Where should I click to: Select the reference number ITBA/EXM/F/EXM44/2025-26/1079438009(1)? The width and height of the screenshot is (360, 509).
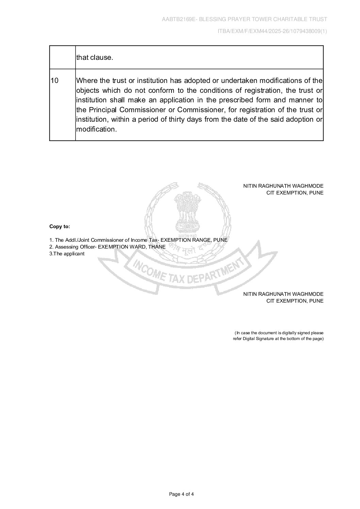[x=272, y=31]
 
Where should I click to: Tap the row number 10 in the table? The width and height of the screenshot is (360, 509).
[x=54, y=81]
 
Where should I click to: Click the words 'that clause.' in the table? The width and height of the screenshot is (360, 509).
[x=95, y=57]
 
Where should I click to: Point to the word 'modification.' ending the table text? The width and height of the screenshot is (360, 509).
[x=96, y=130]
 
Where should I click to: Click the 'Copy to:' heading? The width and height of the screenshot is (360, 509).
[x=60, y=226]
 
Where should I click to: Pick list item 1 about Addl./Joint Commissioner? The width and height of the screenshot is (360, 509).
[x=138, y=240]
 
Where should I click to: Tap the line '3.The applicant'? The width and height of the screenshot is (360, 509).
[x=67, y=254]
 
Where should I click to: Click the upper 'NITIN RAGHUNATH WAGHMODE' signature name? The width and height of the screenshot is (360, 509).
[x=283, y=186]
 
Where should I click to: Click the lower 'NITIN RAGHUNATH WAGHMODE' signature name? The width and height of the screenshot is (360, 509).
[x=283, y=294]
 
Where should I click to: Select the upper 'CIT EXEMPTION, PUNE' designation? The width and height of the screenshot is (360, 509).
[x=295, y=193]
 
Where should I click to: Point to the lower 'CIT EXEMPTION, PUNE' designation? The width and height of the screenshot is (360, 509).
[x=295, y=301]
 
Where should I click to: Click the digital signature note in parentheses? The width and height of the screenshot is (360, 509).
[x=278, y=336]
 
